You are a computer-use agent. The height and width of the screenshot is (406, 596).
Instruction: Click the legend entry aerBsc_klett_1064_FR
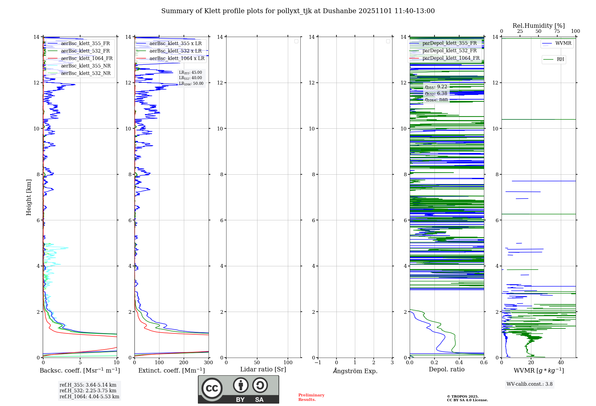[86, 58]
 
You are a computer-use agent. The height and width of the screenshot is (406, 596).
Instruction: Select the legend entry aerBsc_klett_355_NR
[86, 66]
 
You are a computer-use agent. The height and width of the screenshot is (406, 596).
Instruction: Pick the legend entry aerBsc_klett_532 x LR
[175, 51]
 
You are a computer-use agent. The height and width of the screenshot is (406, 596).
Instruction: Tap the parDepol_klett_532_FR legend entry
[449, 50]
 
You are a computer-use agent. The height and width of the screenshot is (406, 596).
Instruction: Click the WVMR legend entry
[563, 43]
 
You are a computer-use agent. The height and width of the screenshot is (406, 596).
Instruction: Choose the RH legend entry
[560, 59]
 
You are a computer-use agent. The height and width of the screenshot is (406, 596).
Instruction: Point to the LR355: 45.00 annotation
[190, 73]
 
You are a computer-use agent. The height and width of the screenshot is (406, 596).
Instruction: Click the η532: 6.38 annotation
[436, 93]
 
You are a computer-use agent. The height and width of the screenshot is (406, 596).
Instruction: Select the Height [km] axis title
[29, 197]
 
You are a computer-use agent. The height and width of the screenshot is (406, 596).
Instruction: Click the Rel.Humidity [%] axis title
[538, 26]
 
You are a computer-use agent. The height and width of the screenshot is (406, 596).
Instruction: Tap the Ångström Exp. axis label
[355, 371]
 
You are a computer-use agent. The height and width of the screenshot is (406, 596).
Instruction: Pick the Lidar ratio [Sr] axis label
[263, 369]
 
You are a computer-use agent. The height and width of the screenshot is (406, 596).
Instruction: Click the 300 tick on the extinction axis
[208, 362]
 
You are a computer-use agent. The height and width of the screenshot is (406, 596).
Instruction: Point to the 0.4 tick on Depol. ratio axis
[459, 362]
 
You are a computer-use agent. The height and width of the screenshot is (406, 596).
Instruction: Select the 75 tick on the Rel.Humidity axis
[557, 31]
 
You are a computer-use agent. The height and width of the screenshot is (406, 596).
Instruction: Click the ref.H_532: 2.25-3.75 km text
[88, 390]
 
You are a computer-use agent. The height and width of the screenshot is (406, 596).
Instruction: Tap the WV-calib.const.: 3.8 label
[530, 384]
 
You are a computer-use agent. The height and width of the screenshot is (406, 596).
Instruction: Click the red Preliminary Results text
[311, 397]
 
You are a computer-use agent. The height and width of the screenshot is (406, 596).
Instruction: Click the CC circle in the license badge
[212, 388]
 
